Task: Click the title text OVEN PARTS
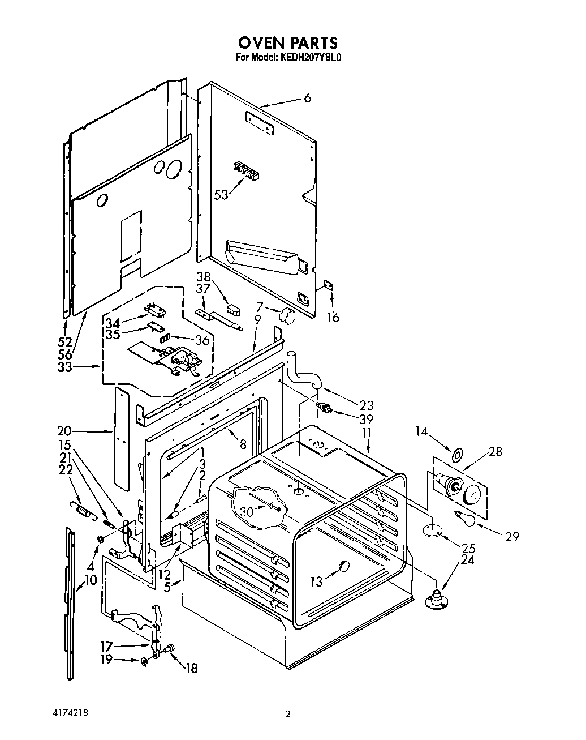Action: coord(287,42)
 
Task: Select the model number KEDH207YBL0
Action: coord(309,58)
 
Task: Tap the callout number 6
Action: coord(307,98)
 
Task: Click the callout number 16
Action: coord(333,318)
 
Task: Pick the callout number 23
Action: coord(367,405)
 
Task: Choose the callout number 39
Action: coord(367,419)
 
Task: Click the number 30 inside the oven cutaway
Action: coord(247,511)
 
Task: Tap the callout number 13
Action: coord(317,581)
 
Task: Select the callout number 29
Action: coord(512,537)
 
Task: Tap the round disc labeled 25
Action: coord(432,531)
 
